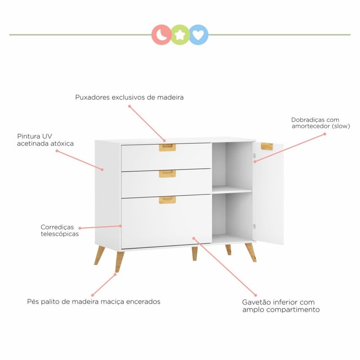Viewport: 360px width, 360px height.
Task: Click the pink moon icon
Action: pos(162,35)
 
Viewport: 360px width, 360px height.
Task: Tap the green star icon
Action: pos(180,35)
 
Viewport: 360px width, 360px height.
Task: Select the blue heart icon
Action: pos(198,35)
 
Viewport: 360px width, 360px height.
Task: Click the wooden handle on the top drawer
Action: pos(167,148)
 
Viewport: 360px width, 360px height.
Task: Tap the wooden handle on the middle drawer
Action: pos(167,174)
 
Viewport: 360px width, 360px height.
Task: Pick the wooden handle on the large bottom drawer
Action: pos(167,200)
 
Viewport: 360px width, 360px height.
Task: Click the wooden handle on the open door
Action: pos(267,146)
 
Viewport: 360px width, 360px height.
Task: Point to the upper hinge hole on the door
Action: pos(254,156)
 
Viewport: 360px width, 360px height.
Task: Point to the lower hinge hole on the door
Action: pos(254,226)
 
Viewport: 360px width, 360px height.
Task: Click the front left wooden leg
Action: pos(119,262)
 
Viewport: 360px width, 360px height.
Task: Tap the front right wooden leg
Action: pos(251,252)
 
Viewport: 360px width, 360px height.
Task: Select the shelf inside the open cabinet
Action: pos(232,189)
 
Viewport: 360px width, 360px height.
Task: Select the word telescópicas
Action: pos(60,234)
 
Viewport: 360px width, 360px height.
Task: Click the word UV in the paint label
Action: pos(47,136)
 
